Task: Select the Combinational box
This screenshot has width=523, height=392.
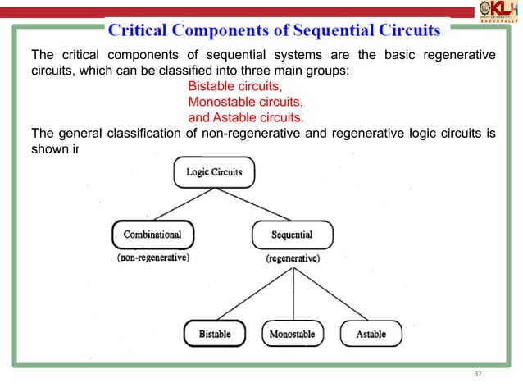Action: tap(152, 235)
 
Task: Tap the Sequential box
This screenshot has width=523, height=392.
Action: tap(292, 235)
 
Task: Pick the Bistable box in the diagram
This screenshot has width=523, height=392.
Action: tap(215, 334)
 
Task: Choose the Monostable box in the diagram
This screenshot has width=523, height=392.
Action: tap(293, 334)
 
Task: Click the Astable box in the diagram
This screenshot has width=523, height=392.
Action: tap(371, 334)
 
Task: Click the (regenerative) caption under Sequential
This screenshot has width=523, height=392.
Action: tap(293, 258)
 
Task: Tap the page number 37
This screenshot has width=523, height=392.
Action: tap(479, 373)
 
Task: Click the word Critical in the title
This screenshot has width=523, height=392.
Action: tap(140, 31)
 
